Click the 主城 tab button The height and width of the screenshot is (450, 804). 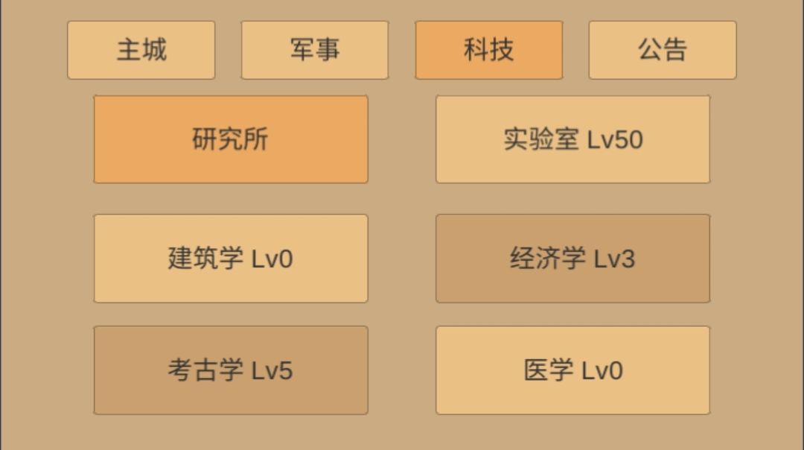pyautogui.click(x=141, y=50)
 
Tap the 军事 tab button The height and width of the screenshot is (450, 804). pyautogui.click(x=315, y=50)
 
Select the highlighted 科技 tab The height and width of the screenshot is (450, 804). pyautogui.click(x=488, y=50)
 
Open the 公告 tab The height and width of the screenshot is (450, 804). pyautogui.click(x=663, y=50)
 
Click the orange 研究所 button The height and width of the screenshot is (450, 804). pyautogui.click(x=231, y=139)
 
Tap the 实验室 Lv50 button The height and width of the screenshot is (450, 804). pyautogui.click(x=572, y=139)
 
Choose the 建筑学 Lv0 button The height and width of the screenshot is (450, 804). pyautogui.click(x=231, y=259)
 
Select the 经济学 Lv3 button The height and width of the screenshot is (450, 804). pyautogui.click(x=572, y=259)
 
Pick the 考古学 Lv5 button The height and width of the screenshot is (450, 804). pyautogui.click(x=231, y=370)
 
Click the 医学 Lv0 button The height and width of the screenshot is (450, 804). pyautogui.click(x=572, y=370)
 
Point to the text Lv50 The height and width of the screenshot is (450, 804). pyautogui.click(x=615, y=139)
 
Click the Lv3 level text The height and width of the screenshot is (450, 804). pyautogui.click(x=614, y=259)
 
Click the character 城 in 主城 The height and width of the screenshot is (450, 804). pyautogui.click(x=154, y=50)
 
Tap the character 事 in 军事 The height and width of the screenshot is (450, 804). pyautogui.click(x=328, y=50)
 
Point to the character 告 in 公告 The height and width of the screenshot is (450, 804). pyautogui.click(x=674, y=50)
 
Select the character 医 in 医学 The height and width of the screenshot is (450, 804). pyautogui.click(x=536, y=370)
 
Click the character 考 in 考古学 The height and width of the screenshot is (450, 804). pyautogui.click(x=180, y=370)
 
